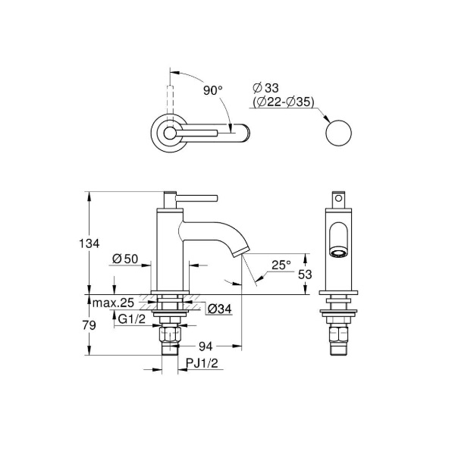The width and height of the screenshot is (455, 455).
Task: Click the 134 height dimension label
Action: pos(89,243)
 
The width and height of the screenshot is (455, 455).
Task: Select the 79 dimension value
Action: pos(89,325)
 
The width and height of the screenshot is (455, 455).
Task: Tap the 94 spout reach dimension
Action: pos(206,346)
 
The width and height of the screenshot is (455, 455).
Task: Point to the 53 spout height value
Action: pos(305,275)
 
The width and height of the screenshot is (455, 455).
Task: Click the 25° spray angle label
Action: pos(281,265)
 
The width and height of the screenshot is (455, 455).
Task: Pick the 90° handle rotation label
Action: pos(212,90)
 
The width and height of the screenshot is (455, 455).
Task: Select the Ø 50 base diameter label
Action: pos(125,259)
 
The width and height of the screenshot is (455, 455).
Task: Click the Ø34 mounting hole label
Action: pos(220,309)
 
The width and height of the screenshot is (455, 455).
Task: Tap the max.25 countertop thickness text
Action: pos(113,303)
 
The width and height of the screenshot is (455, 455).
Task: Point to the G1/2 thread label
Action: pos(131,319)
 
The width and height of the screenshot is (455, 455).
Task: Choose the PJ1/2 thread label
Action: pos(202,363)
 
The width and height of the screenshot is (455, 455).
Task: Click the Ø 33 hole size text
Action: pos(265,88)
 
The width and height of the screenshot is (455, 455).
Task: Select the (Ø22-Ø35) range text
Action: pos(283,102)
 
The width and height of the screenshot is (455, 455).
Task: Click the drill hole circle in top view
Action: pos(339,133)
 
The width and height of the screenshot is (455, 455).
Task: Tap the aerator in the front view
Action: pos(338,253)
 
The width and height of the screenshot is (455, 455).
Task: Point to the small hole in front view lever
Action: pos(338,199)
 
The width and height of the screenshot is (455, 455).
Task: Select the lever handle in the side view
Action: pos(190,198)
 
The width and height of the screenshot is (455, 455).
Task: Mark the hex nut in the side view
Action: pos(169,335)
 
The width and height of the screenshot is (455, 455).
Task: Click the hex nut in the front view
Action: pos(338,335)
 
